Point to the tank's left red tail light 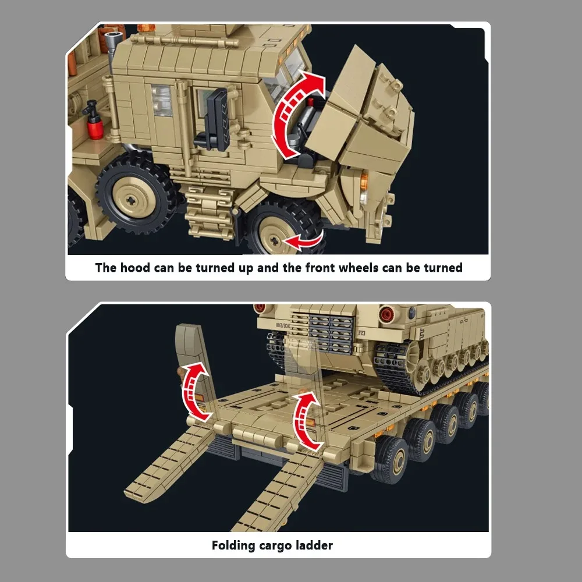pos(260,307)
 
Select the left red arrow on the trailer pos(194,391)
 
